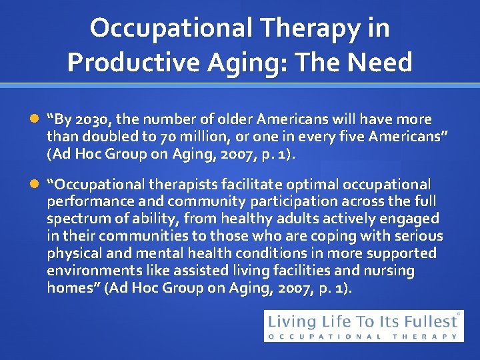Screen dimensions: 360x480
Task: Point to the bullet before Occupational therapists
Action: (x=35, y=184)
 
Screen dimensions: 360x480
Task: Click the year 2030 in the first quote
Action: (x=97, y=120)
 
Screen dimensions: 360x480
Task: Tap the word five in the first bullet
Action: (x=343, y=137)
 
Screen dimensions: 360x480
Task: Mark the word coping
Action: (x=341, y=236)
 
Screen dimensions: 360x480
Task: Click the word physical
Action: (x=72, y=253)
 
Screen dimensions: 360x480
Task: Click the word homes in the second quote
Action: (x=67, y=288)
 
